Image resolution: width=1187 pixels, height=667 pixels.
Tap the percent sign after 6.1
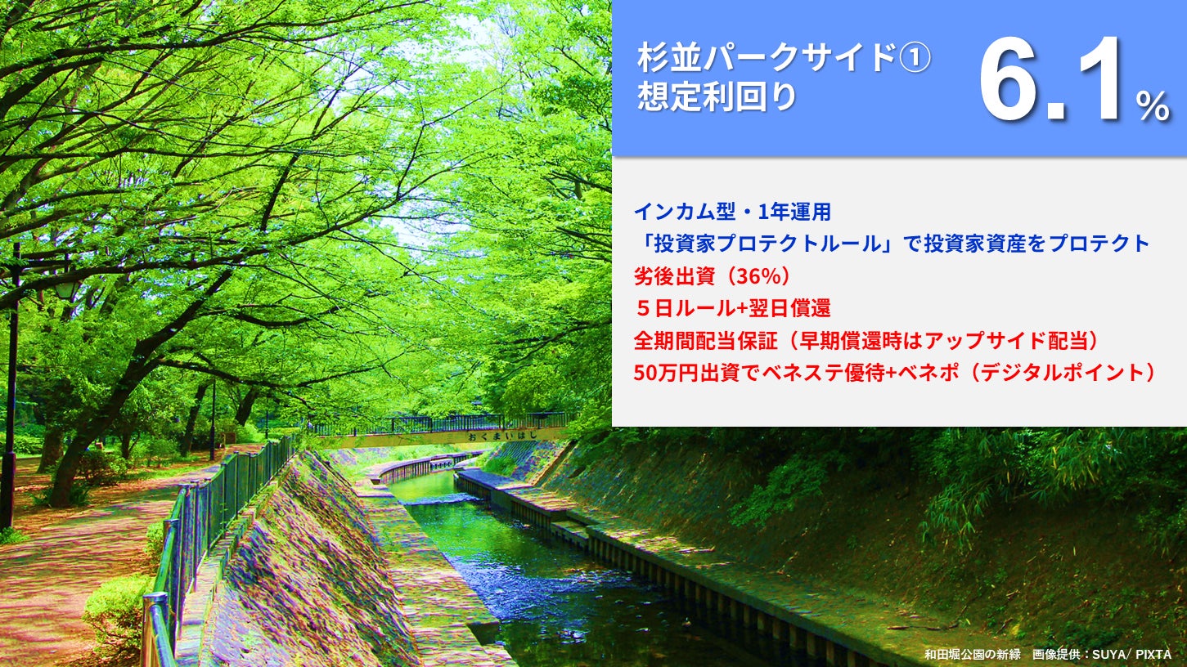(1153, 106)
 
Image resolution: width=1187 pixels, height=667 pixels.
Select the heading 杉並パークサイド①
(785, 58)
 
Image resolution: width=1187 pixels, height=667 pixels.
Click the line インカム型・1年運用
(732, 213)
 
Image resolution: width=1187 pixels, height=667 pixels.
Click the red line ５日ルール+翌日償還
(732, 308)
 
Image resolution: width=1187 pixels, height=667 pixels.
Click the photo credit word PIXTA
(1153, 654)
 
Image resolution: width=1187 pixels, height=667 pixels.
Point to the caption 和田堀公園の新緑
(972, 654)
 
